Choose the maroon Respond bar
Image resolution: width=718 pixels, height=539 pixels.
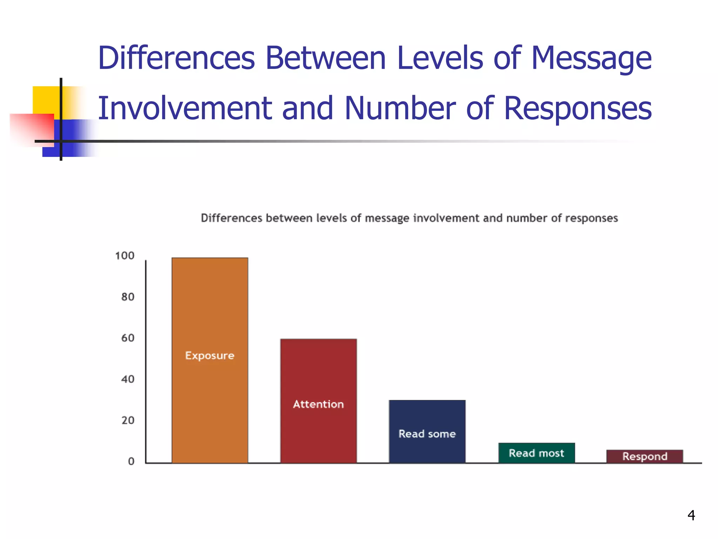pyautogui.click(x=644, y=456)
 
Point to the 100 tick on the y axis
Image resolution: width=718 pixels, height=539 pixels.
pyautogui.click(x=125, y=255)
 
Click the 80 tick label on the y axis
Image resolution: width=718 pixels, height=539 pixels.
pyautogui.click(x=128, y=297)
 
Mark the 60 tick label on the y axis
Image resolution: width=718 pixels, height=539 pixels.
pyautogui.click(x=128, y=338)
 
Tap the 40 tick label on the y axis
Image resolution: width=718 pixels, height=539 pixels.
pyautogui.click(x=128, y=379)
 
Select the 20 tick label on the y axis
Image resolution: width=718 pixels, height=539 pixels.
pyautogui.click(x=128, y=420)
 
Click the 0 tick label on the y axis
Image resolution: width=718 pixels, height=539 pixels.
pyautogui.click(x=131, y=461)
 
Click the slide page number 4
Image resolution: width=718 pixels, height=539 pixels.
pyautogui.click(x=691, y=515)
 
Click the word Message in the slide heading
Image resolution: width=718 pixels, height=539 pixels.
pyautogui.click(x=591, y=59)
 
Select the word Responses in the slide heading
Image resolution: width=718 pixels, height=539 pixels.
pyautogui.click(x=577, y=109)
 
